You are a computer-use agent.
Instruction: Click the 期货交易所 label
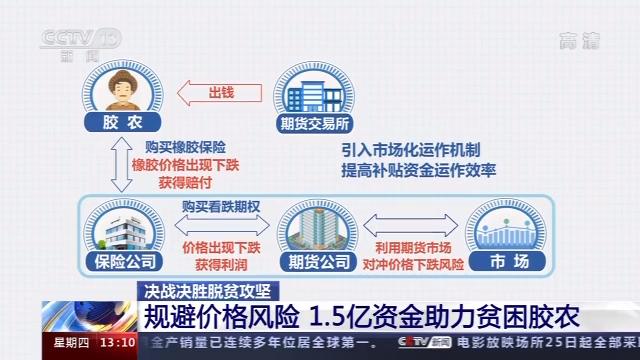click(314, 125)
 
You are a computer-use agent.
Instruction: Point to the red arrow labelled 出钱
click(216, 93)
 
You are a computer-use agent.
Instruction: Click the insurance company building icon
click(124, 227)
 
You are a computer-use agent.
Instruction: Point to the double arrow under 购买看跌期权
click(220, 225)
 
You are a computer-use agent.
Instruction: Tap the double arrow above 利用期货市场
click(409, 225)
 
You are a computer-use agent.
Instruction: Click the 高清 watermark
click(578, 41)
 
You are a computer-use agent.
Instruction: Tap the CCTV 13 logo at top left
click(78, 40)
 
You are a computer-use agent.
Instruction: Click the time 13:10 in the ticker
click(118, 343)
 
